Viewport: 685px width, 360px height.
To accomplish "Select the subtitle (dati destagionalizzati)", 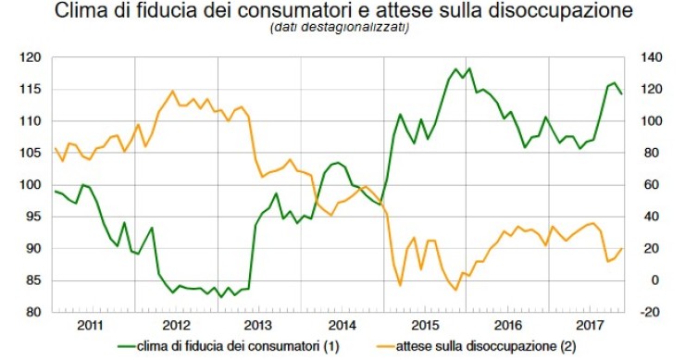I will click(x=340, y=29).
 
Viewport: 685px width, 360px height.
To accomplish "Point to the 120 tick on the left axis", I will click(x=32, y=57).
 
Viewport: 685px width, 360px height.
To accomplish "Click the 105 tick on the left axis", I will click(x=32, y=153).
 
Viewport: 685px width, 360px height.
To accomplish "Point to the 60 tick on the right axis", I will click(x=646, y=185).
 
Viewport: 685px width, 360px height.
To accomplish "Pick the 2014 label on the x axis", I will click(x=341, y=326).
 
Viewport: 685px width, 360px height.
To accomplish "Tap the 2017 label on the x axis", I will click(x=589, y=326).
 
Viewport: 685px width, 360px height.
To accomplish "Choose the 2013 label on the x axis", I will click(x=258, y=326).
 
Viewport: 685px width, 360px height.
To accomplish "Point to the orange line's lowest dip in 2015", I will click(x=455, y=290).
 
